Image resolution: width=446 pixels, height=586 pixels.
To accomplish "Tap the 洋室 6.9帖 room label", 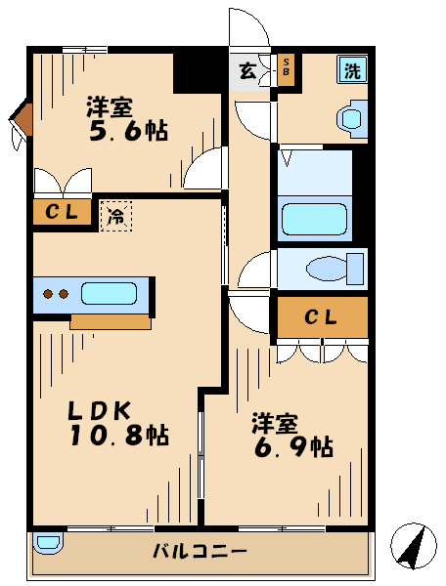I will pyautogui.click(x=292, y=435).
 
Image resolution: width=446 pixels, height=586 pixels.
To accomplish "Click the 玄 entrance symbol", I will pyautogui.click(x=246, y=70).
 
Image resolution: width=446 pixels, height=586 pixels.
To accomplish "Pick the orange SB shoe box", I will pyautogui.click(x=287, y=69).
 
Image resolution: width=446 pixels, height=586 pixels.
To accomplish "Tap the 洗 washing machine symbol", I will pyautogui.click(x=350, y=69).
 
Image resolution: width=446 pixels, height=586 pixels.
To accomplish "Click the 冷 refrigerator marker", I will pyautogui.click(x=115, y=215).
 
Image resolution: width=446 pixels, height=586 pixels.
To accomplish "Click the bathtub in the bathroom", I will pyautogui.click(x=315, y=218).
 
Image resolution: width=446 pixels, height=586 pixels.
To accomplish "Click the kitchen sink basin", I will pyautogui.click(x=108, y=293).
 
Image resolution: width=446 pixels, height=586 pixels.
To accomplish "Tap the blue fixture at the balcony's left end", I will pyautogui.click(x=46, y=542).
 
